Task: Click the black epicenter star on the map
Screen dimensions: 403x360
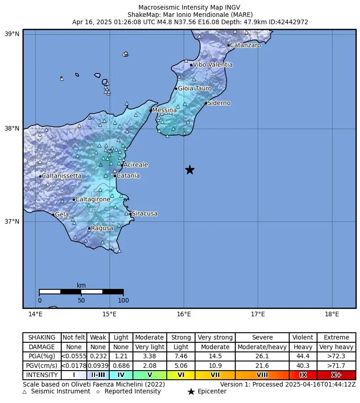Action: (190, 170)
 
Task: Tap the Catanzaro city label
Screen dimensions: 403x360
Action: (245, 45)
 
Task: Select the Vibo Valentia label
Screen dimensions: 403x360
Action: (212, 65)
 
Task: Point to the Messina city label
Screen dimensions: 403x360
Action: (164, 110)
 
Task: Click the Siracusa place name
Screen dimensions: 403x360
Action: (144, 214)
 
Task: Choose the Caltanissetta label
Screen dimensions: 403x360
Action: (62, 176)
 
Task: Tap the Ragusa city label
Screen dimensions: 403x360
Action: (102, 228)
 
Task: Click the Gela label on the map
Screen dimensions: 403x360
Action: (62, 215)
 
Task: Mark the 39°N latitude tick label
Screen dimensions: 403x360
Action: (12, 34)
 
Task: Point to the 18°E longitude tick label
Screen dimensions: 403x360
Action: (332, 314)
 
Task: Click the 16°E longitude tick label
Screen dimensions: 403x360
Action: (184, 314)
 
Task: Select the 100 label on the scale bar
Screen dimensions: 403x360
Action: (123, 300)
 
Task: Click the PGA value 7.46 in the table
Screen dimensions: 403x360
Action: (180, 356)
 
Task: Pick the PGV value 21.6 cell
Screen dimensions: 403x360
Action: (262, 366)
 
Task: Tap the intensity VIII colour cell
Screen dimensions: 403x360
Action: (262, 375)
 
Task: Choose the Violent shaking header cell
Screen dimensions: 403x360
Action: (303, 337)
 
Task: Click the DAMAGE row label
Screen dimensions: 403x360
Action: (42, 347)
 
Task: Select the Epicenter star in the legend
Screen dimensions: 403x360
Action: (191, 392)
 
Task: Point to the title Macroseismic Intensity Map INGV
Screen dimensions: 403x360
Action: (189, 8)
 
